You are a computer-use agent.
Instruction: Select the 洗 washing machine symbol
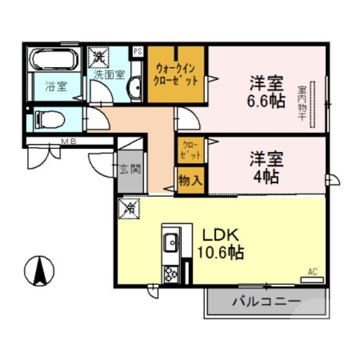pos(98,58)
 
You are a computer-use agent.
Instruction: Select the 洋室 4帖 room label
pos(266,167)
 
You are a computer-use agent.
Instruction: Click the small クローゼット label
pos(190,151)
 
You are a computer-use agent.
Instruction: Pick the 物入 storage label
pos(190,181)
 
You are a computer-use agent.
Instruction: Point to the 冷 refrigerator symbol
pos(129,209)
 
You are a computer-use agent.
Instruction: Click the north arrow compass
pos(39,270)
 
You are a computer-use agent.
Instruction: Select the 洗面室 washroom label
pos(109,74)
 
